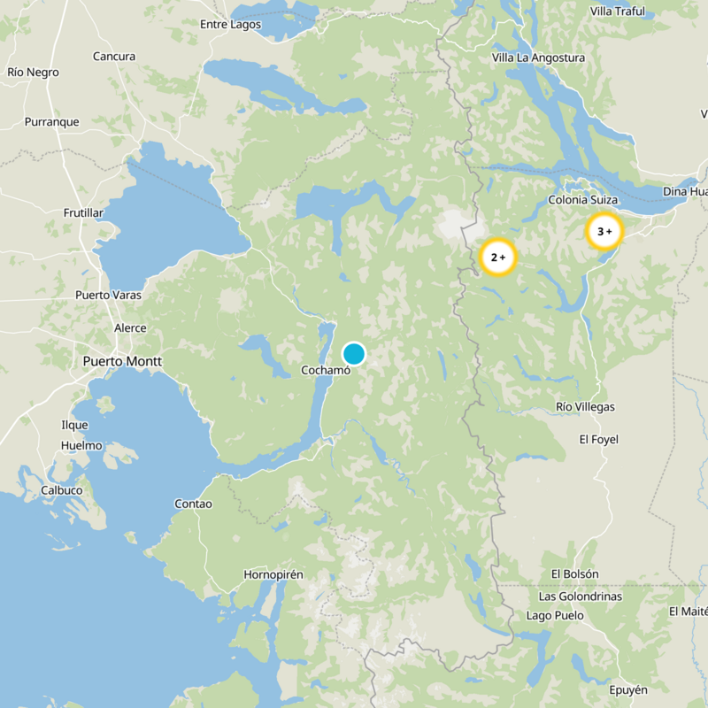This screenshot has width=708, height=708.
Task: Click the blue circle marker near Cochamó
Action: pos(354,354)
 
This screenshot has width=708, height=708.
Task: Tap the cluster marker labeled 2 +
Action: pos(497,257)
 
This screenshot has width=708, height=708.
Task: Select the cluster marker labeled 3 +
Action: pos(604,232)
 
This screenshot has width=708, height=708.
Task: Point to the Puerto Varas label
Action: pos(108,295)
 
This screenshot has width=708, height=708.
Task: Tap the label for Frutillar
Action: pos(83,213)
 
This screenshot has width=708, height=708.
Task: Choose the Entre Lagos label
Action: pos(231,24)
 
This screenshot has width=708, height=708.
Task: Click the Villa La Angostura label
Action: pos(538,58)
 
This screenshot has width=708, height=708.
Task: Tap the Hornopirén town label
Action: pos(273,574)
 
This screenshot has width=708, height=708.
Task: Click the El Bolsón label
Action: pos(574,574)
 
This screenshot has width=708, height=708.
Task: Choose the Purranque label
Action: pos(51,122)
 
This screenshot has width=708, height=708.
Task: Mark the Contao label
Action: pos(193,504)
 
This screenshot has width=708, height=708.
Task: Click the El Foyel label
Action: pos(598,439)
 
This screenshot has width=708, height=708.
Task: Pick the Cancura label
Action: pos(114,57)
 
